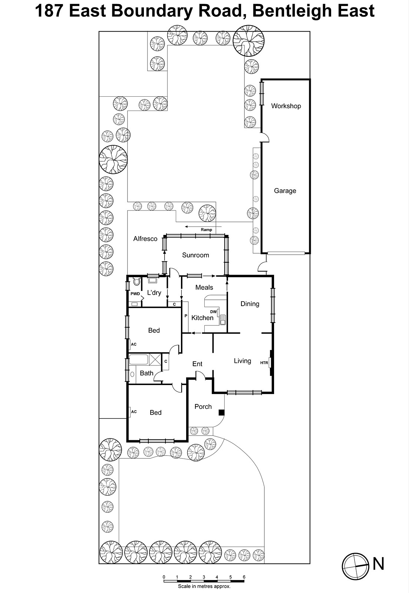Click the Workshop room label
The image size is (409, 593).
(286, 106)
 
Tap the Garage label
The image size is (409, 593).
(285, 191)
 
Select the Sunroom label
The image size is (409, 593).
(195, 255)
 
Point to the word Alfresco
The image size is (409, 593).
(145, 239)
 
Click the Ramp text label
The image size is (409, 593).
(207, 229)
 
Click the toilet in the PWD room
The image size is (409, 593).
(137, 281)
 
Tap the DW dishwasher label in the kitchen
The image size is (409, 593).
(213, 312)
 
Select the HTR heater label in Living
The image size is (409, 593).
(264, 363)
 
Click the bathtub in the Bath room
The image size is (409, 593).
(139, 360)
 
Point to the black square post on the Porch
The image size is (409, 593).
(221, 413)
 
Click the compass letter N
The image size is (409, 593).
(378, 564)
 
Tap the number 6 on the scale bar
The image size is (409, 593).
(244, 577)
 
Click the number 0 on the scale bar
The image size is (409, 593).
(164, 577)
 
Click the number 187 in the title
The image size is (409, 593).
(49, 11)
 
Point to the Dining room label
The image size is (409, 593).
(250, 304)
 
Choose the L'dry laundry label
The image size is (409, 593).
(154, 292)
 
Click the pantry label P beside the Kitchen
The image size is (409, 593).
(186, 316)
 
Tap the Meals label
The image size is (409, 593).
(204, 287)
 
